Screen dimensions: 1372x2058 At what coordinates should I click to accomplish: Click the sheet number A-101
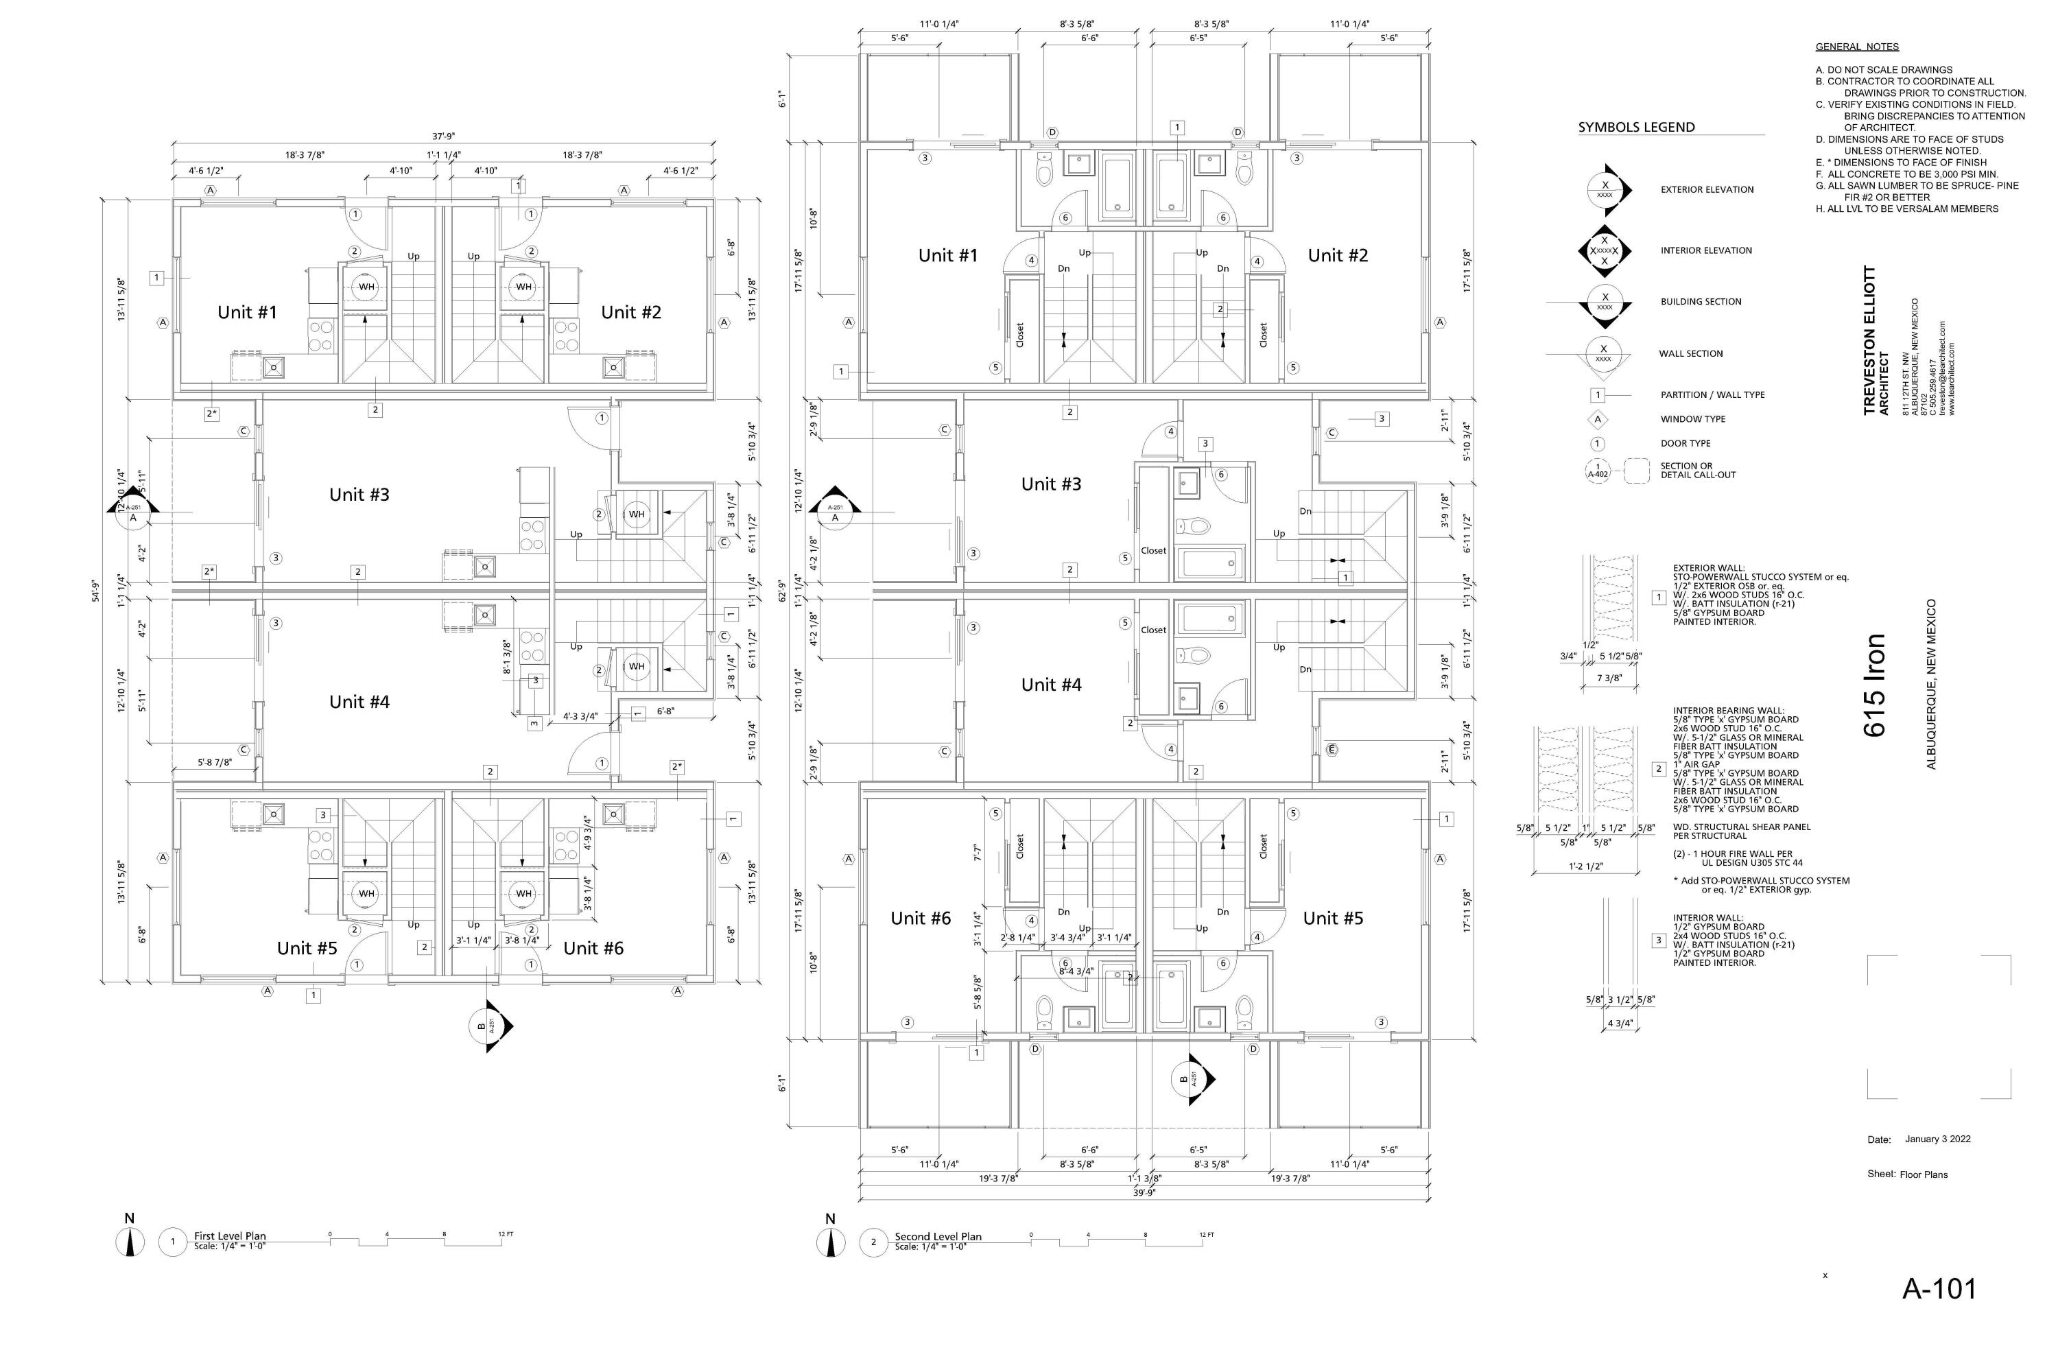coord(1939,1288)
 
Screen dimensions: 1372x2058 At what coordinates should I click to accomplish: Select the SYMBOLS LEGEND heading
coord(1636,127)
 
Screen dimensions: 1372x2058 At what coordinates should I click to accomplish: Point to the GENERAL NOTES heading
coord(1857,47)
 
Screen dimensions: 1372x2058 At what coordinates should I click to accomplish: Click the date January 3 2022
coord(1937,1139)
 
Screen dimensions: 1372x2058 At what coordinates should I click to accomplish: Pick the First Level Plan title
coord(230,1235)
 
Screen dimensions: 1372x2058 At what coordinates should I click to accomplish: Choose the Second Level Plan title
coord(938,1235)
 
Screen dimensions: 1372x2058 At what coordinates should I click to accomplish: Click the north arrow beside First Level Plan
coord(130,1242)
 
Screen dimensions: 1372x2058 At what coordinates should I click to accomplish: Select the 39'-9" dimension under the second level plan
coord(1144,1192)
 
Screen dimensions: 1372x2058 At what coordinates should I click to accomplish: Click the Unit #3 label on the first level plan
coord(359,495)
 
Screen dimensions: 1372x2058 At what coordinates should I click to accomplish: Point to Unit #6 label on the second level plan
coord(921,918)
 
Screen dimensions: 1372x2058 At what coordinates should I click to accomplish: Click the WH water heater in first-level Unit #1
coord(366,287)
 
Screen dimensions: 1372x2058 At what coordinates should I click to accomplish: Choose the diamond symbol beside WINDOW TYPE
coord(1598,419)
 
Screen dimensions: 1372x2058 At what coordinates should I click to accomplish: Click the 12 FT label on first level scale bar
coord(506,1233)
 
